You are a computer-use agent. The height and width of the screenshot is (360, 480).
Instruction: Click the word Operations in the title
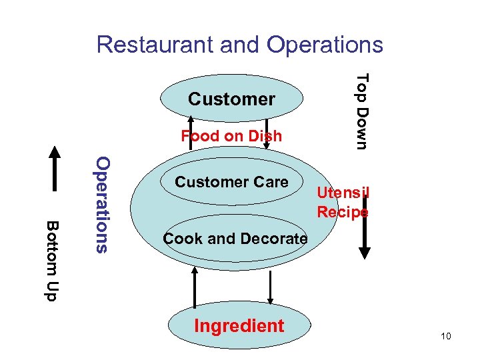pos(325,45)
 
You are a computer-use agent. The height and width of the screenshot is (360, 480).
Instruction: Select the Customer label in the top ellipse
pos(231,99)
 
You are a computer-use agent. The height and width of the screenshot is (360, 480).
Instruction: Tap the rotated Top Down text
pos(361,111)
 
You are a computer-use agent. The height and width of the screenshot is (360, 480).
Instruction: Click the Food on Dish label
pos(231,136)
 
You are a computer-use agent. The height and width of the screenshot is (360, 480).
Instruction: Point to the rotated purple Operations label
pos(101,204)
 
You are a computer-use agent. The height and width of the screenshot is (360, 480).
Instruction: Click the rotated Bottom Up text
pos(52,260)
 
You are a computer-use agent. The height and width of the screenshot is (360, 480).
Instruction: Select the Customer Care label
pos(231,182)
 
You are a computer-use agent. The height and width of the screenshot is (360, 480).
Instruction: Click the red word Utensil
pos(343,193)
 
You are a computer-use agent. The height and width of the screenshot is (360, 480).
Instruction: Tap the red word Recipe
pos(343,212)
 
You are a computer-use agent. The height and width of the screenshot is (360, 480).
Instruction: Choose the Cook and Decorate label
pos(235,238)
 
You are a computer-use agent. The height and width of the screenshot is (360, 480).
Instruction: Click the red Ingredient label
pos(239,326)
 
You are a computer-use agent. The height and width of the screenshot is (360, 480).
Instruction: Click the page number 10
pos(445,336)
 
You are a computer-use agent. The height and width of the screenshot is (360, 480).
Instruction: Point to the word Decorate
pos(275,238)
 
